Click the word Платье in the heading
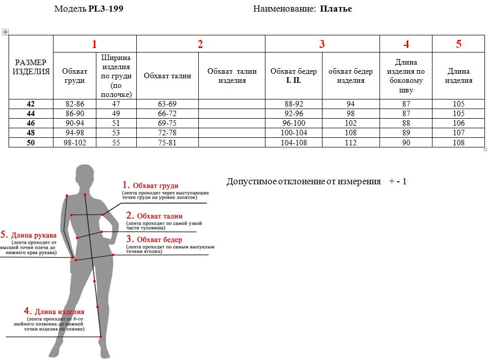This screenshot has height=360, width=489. (x=336, y=9)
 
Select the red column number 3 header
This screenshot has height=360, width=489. (x=322, y=44)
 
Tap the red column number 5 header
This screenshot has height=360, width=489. (x=458, y=44)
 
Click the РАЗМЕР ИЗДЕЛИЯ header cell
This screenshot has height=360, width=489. (x=31, y=67)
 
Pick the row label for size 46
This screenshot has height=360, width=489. (x=31, y=123)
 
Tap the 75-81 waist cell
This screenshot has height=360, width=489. (x=167, y=143)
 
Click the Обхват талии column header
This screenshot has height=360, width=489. (x=167, y=76)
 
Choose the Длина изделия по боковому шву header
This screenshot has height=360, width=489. (x=406, y=76)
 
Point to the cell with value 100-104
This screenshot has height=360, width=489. (x=293, y=133)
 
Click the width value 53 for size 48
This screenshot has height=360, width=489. (x=116, y=133)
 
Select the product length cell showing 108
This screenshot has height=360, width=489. (x=458, y=143)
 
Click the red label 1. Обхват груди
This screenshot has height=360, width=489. (x=151, y=186)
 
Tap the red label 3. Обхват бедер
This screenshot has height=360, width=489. (x=154, y=239)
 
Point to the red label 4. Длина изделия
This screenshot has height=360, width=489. (x=54, y=312)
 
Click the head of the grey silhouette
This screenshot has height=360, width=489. (x=84, y=176)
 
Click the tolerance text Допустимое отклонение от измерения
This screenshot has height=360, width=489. (x=304, y=181)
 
